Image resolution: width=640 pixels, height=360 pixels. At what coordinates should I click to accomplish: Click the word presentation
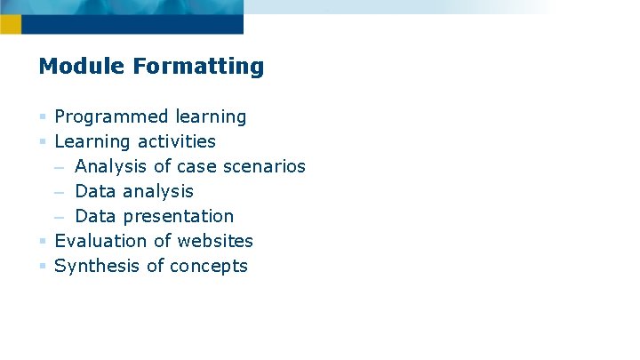[179, 216]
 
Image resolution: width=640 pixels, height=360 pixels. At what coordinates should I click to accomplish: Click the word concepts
[209, 266]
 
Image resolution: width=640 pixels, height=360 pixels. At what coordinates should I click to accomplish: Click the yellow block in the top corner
[10, 24]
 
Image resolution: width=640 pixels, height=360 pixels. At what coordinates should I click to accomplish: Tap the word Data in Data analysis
[96, 191]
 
